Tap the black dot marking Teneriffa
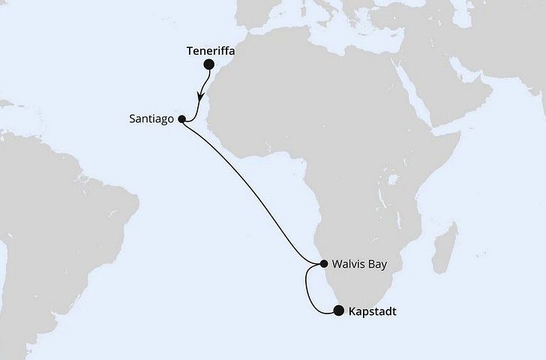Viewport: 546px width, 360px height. click(x=208, y=65)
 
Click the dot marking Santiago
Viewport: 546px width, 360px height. click(x=181, y=118)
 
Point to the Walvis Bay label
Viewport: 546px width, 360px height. click(x=357, y=264)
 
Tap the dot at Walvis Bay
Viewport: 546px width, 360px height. click(x=323, y=264)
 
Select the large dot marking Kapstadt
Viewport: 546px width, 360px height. click(x=339, y=310)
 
